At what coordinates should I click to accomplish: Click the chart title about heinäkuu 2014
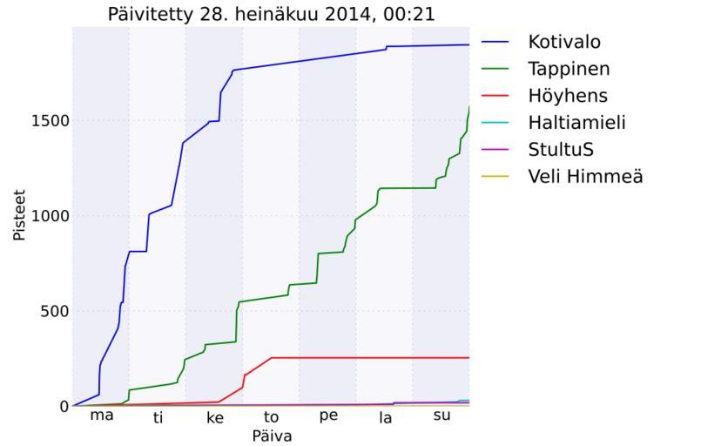[271, 14]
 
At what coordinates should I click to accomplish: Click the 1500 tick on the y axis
[49, 121]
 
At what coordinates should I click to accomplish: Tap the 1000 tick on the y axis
[49, 216]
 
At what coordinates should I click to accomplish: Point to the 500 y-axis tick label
[53, 311]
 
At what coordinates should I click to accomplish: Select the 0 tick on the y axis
[63, 406]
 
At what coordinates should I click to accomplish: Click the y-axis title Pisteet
[19, 216]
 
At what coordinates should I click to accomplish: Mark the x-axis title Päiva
[271, 436]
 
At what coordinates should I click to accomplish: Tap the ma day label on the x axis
[102, 416]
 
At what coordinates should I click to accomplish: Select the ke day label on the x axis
[215, 418]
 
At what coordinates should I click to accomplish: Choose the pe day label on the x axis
[328, 416]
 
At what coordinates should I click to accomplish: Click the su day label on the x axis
[441, 416]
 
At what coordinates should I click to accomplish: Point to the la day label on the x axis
[385, 418]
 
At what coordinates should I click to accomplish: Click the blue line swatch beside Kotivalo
[496, 42]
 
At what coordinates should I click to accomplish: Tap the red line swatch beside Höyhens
[496, 96]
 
